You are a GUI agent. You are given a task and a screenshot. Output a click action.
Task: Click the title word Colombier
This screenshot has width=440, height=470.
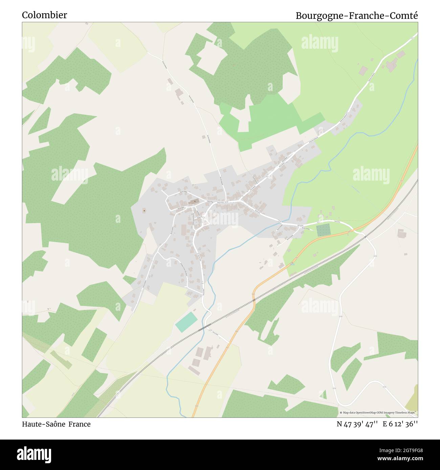44,15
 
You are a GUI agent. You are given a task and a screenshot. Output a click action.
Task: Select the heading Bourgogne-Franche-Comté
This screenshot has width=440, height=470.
357,16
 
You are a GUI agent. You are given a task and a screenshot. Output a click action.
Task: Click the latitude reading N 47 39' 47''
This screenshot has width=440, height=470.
357,424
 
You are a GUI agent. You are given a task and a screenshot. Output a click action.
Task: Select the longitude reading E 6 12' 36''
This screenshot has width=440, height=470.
400,424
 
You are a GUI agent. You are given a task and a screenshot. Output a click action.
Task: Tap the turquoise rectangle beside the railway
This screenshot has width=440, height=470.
186,322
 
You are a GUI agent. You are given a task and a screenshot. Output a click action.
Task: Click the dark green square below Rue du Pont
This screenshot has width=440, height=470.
323,230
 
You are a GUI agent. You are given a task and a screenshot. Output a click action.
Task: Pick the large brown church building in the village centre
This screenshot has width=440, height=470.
194,202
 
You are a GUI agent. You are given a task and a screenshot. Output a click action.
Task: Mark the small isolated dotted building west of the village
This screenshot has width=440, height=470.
145,211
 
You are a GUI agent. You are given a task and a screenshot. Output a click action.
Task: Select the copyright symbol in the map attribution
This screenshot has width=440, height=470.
341,413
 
